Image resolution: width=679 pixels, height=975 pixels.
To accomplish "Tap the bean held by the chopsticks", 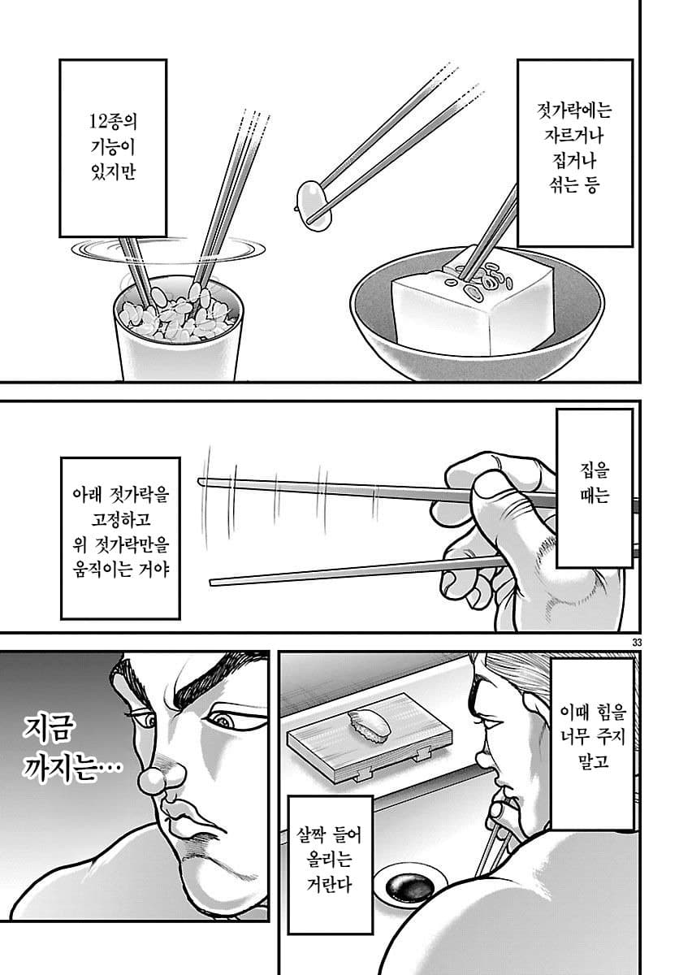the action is (314, 204).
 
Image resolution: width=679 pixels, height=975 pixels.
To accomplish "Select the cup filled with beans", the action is (178, 328).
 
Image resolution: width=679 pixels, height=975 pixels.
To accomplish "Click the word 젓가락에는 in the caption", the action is (573, 111).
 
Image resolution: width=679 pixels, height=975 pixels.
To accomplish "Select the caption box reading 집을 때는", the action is (595, 488).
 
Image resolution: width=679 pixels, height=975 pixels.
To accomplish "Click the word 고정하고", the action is (120, 519).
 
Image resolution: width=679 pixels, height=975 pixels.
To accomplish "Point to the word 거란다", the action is (328, 885).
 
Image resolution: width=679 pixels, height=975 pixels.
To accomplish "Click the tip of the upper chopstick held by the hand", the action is (200, 480).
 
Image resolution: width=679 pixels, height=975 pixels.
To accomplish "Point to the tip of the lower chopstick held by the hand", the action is (212, 583).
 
